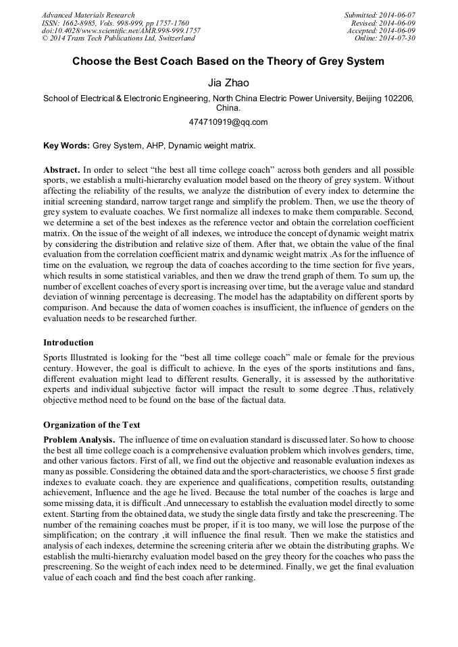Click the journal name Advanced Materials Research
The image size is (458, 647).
click(88, 15)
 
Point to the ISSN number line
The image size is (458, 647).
click(115, 23)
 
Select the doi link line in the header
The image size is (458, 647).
click(121, 31)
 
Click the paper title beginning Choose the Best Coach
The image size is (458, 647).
click(228, 61)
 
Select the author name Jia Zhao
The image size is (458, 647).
click(228, 83)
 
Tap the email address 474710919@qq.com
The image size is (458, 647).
click(228, 122)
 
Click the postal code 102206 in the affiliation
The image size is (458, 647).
click(399, 99)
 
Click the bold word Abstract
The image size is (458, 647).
click(62, 169)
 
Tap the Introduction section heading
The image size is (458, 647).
click(68, 343)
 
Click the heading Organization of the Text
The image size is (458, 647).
click(92, 425)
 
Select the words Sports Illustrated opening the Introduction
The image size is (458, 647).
click(72, 357)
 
